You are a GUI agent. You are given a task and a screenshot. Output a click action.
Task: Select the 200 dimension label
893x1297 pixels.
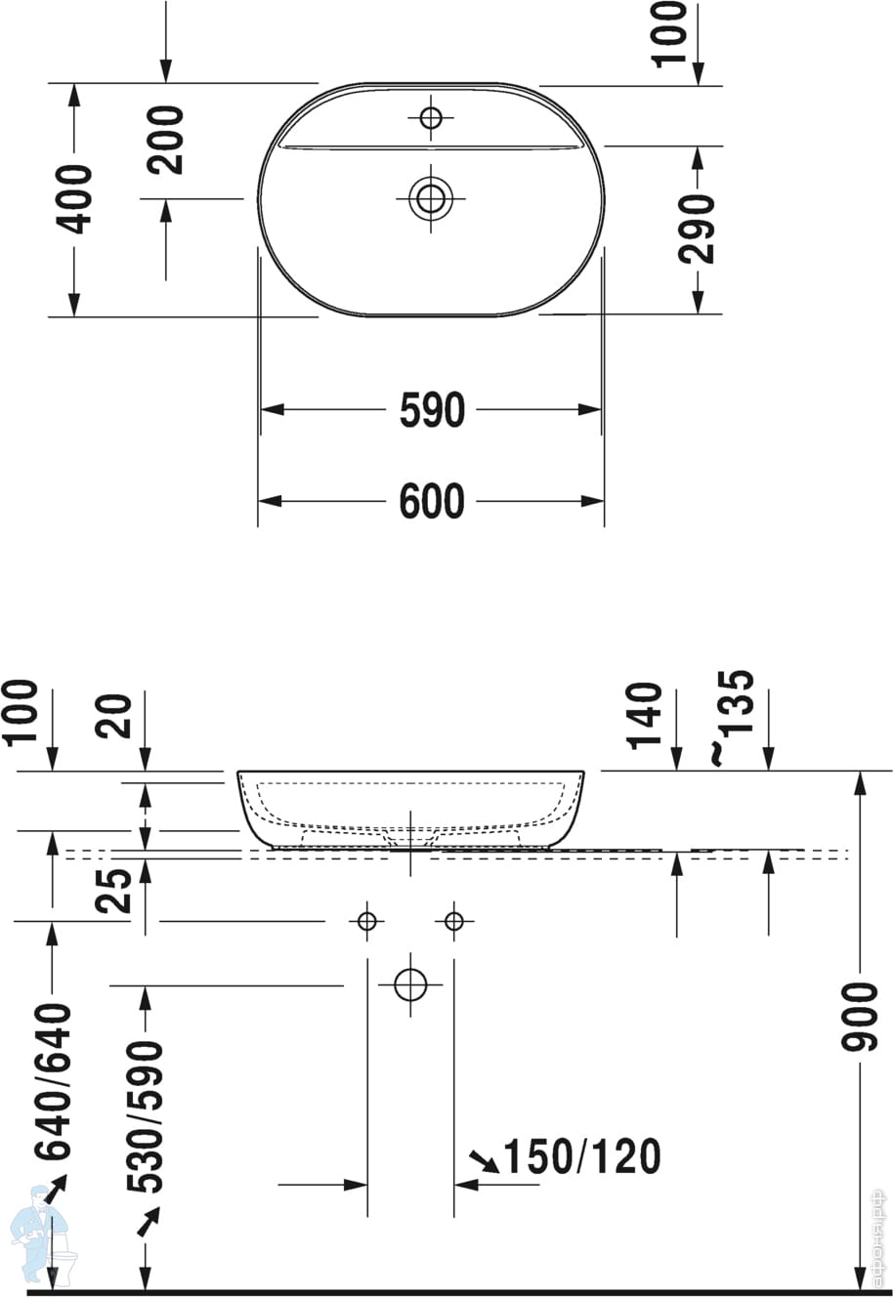pos(165,140)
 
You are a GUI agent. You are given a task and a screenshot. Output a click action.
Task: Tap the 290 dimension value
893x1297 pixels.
pos(697,229)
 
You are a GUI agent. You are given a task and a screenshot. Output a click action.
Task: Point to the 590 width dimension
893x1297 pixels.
pos(432,410)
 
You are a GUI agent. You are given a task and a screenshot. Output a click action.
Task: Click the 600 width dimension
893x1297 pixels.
pos(432,501)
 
